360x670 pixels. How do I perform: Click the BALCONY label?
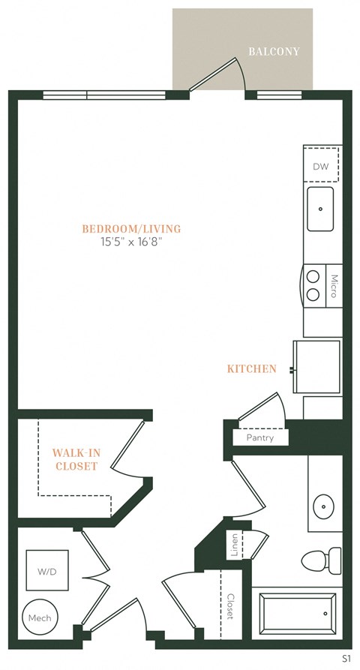click(274, 52)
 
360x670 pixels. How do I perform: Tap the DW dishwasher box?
click(320, 166)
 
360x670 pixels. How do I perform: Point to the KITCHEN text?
click(252, 369)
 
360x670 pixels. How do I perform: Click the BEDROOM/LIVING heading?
click(131, 229)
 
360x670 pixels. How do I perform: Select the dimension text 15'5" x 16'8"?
click(131, 242)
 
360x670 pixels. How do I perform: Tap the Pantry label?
click(259, 437)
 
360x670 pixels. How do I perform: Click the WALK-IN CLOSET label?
click(74, 459)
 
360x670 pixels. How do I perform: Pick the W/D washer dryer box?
click(46, 571)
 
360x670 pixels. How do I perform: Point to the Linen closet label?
click(235, 546)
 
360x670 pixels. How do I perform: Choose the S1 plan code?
click(346, 658)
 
